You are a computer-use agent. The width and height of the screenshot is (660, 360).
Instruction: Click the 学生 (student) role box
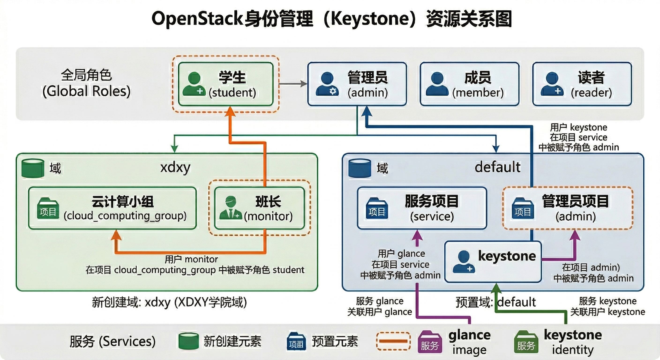click(x=225, y=84)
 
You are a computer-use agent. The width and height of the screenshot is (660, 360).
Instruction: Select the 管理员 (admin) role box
click(x=357, y=84)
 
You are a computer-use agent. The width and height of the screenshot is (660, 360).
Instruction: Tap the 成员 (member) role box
click(x=469, y=84)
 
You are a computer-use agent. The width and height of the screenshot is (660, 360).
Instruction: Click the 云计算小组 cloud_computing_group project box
click(x=112, y=208)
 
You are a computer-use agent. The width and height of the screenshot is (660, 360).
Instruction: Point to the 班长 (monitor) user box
click(x=259, y=208)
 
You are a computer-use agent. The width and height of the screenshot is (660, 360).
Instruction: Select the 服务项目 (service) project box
click(x=422, y=208)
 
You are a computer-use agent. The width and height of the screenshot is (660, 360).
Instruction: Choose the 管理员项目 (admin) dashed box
click(x=567, y=208)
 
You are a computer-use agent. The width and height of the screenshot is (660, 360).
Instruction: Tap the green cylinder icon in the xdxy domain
click(x=33, y=168)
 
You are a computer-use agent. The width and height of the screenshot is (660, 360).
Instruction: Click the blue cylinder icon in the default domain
click(x=360, y=168)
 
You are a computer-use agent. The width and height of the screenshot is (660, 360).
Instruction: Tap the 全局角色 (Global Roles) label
click(x=86, y=83)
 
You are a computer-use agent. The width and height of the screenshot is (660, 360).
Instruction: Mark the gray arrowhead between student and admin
click(x=304, y=84)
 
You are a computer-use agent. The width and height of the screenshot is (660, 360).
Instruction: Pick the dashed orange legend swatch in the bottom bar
click(x=393, y=341)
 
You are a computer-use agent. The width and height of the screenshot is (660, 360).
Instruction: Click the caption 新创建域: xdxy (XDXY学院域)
click(x=169, y=302)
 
